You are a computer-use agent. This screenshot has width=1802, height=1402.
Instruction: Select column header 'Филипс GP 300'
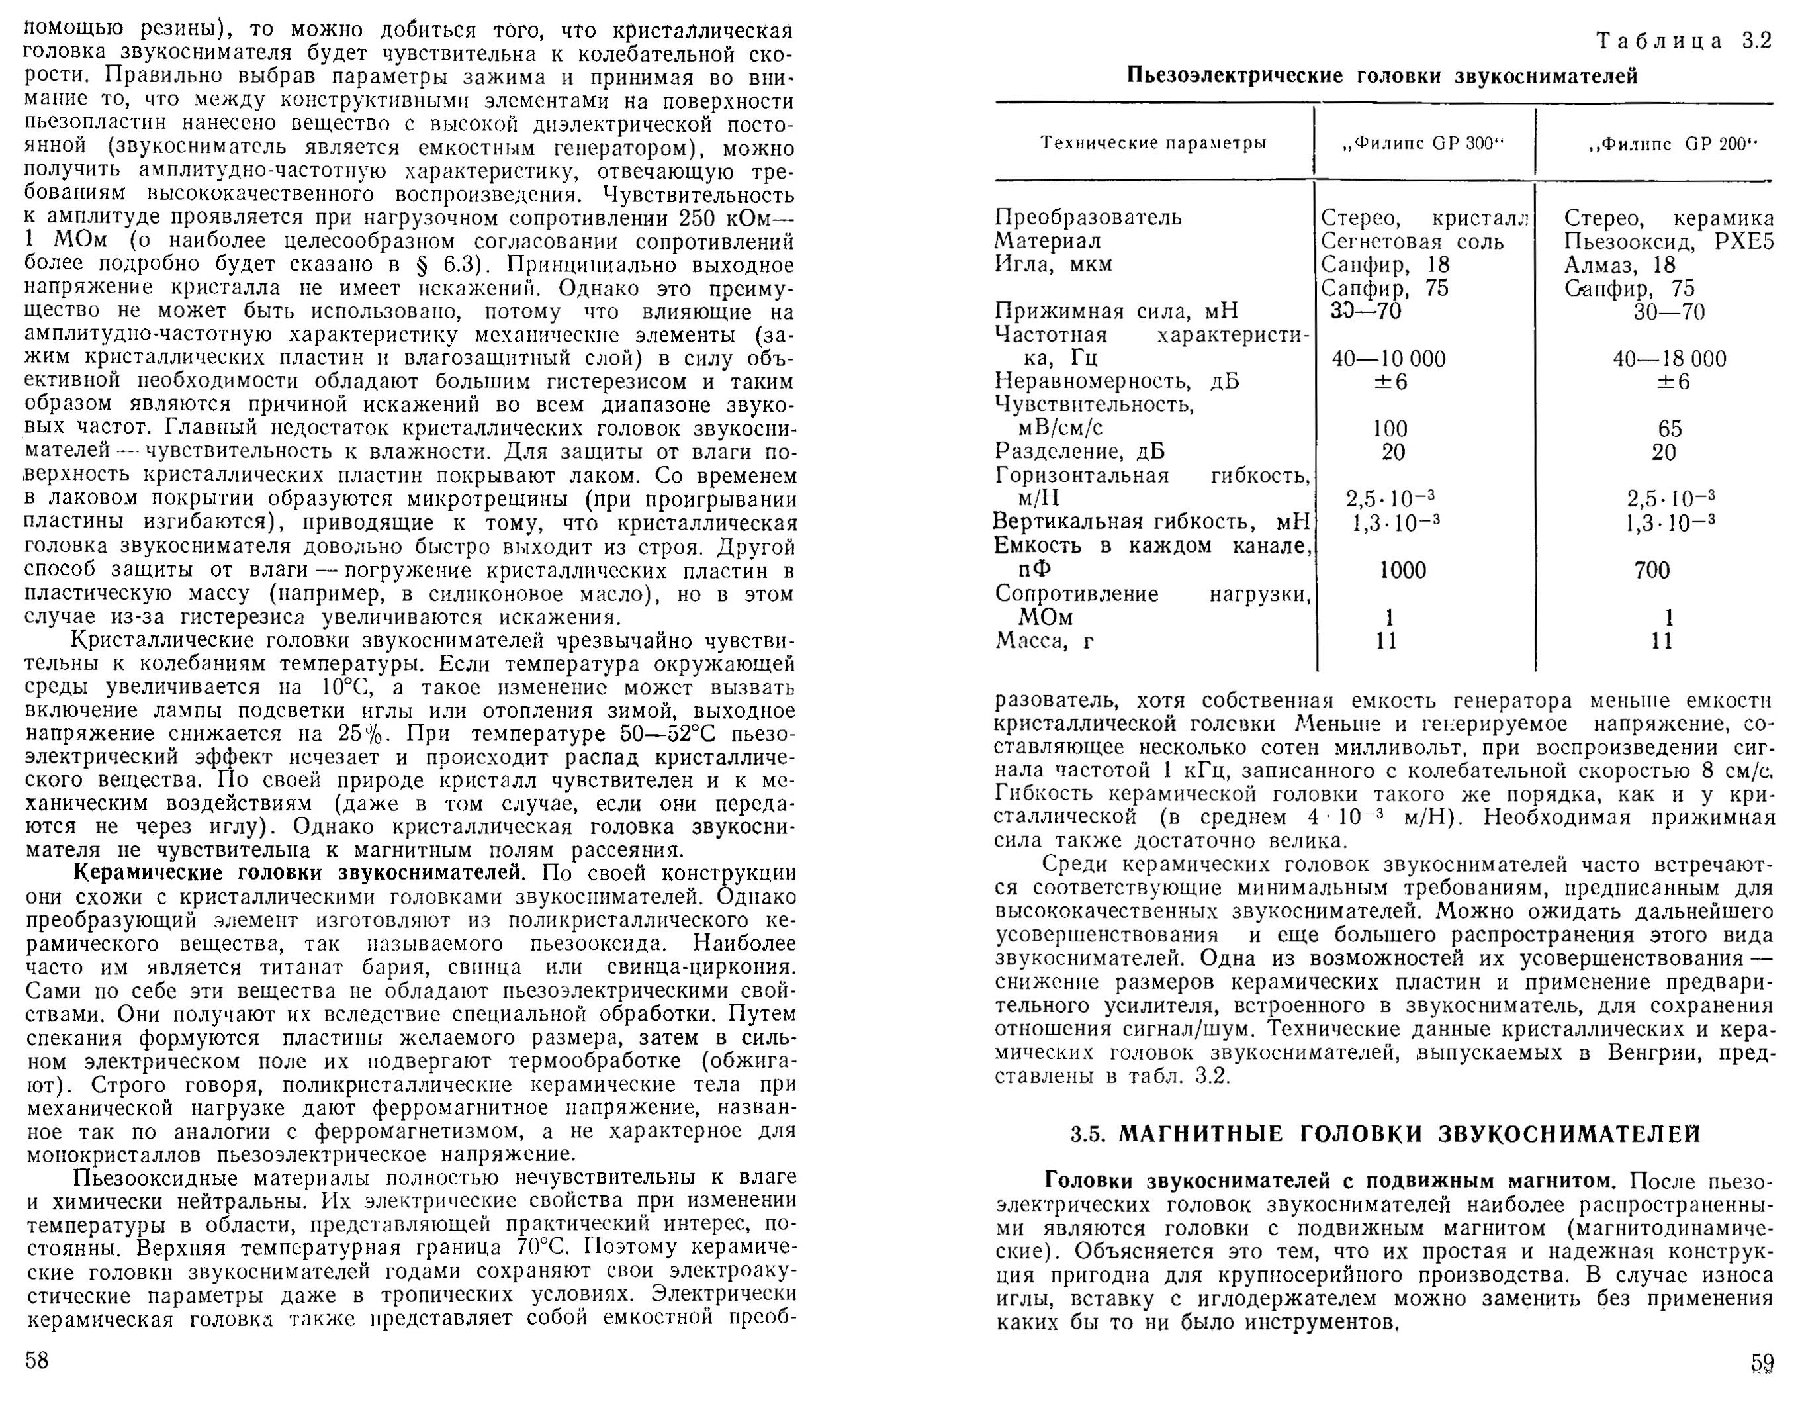coord(1423,144)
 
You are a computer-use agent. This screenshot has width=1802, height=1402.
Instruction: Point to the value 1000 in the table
coord(1403,570)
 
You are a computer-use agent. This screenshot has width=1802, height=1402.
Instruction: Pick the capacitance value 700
coord(1652,570)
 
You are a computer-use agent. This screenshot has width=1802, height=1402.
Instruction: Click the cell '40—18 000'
coord(1669,359)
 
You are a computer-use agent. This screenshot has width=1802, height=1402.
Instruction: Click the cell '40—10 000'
coord(1388,359)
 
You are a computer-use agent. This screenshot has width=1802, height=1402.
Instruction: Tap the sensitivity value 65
coord(1669,429)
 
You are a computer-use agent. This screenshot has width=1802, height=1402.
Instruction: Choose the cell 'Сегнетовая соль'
coord(1412,242)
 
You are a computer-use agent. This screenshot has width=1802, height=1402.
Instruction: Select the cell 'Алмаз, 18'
coord(1619,265)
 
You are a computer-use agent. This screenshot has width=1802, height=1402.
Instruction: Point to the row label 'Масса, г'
coord(1044,640)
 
